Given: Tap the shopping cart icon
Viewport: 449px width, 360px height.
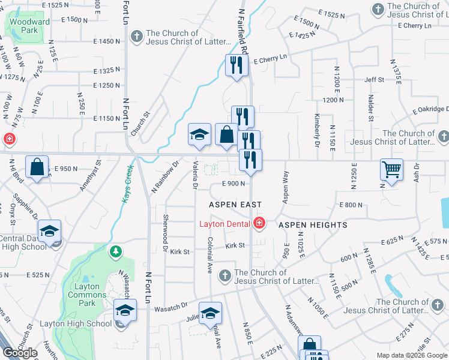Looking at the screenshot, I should [x=391, y=170].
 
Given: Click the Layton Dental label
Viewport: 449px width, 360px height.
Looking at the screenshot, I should [x=226, y=224].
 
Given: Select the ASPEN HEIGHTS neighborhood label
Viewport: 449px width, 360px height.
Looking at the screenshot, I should [x=313, y=225].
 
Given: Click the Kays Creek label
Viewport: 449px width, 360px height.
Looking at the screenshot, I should [x=127, y=182].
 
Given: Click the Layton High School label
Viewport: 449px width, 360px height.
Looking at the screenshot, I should [x=76, y=323].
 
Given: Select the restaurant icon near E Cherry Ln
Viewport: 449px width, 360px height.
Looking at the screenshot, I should [x=237, y=65].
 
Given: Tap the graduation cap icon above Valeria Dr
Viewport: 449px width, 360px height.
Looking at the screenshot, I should [x=200, y=135].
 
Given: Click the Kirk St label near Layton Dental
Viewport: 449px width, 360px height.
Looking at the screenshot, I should [x=235, y=245].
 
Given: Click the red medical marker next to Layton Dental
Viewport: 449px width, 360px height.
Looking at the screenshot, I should [x=259, y=223].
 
